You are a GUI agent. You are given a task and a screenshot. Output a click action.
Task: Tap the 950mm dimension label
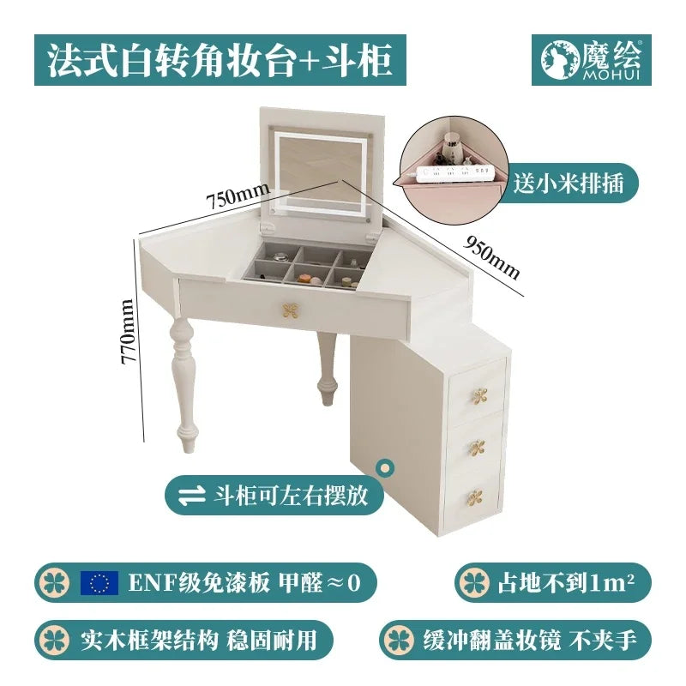click(x=493, y=255)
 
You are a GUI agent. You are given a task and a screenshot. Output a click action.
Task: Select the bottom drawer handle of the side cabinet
click(x=475, y=496)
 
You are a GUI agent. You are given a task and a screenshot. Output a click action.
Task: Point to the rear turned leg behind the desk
click(x=326, y=369)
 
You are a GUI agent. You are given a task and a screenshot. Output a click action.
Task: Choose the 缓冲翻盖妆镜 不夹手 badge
click(x=514, y=640)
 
